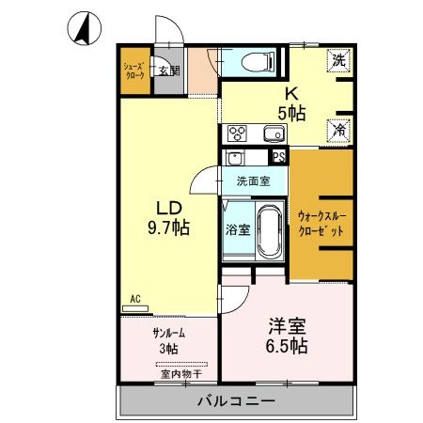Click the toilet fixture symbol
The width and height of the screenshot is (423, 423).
(x=257, y=62)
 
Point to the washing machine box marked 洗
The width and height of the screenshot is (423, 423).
(x=338, y=59)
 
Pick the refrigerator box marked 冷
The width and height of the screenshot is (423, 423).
(x=338, y=131)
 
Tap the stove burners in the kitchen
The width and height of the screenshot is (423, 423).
(x=235, y=133)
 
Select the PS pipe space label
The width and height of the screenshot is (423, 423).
(x=278, y=157)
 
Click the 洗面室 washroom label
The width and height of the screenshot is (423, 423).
(x=254, y=180)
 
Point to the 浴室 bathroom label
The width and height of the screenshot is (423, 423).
(x=237, y=229)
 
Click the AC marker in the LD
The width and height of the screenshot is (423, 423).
(x=134, y=299)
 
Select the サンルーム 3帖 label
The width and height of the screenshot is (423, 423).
(x=166, y=341)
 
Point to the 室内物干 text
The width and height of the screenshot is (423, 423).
(x=165, y=371)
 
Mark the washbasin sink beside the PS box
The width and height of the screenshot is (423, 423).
(x=236, y=158)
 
